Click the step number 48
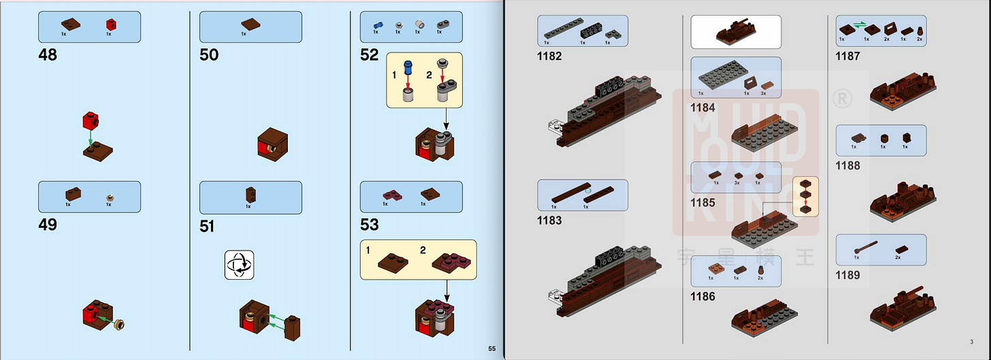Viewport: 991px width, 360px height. (48, 54)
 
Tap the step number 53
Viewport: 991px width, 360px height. (369, 225)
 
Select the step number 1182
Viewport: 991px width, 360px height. (549, 56)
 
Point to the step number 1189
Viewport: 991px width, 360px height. (847, 275)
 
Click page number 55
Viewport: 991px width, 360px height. (492, 349)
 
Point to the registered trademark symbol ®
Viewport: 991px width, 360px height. (841, 99)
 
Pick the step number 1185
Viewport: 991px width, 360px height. (703, 202)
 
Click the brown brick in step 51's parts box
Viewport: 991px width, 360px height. (248, 195)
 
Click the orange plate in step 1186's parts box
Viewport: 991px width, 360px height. (712, 269)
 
